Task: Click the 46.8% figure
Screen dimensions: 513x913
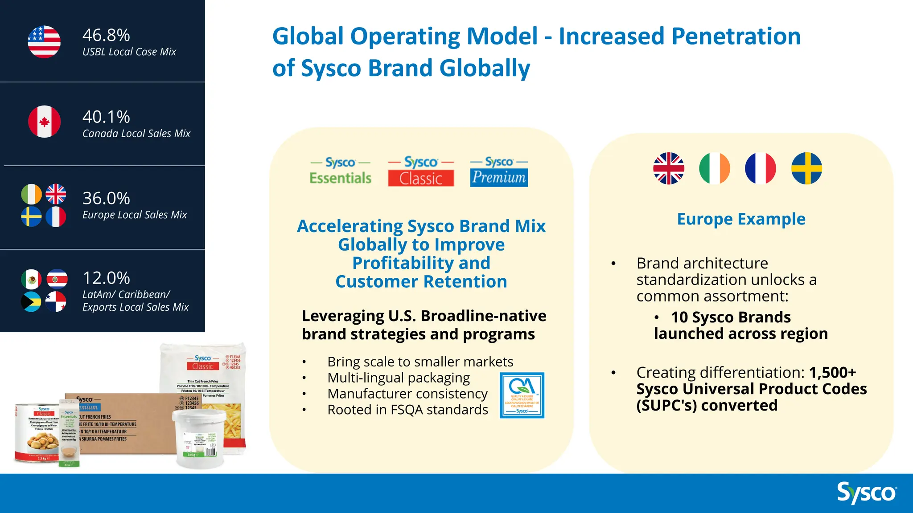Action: pos(106,35)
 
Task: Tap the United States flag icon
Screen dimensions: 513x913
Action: pos(44,42)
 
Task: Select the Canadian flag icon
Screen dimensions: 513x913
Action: pos(44,122)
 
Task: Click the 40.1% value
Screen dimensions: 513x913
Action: pos(106,117)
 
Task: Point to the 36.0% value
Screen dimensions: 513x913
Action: pos(106,198)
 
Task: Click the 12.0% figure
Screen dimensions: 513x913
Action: pos(106,278)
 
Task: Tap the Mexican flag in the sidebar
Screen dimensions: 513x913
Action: pos(32,280)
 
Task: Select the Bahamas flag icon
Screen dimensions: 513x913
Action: pos(32,302)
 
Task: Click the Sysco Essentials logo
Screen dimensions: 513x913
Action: pos(341,171)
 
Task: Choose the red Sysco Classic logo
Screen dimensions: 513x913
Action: pos(421,171)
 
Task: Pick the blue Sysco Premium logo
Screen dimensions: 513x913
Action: pos(499,171)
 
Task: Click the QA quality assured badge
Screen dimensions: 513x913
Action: pos(522,395)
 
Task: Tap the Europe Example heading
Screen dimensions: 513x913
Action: pos(741,219)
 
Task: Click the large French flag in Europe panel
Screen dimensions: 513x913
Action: pos(761,168)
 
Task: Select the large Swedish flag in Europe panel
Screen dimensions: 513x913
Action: pos(806,168)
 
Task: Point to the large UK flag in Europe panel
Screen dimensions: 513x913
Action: pos(669,168)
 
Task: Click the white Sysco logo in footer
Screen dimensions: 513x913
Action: pos(867,493)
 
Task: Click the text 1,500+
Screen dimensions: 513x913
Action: pos(832,372)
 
